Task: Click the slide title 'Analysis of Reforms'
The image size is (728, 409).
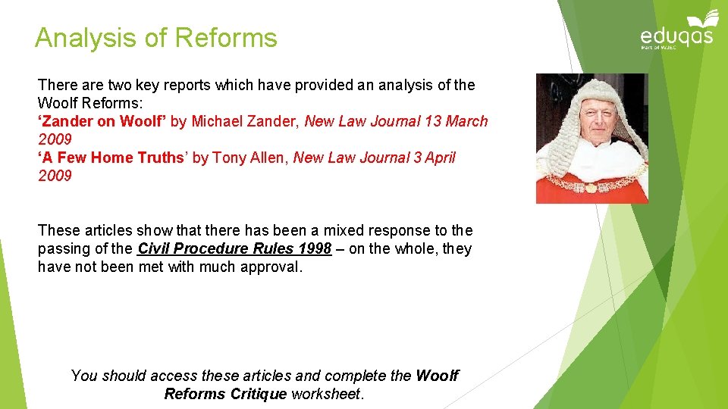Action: click(x=156, y=37)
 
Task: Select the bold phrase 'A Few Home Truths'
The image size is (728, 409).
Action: click(x=111, y=158)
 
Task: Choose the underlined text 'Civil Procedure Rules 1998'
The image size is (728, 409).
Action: click(x=234, y=248)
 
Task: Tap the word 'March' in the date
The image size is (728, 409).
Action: click(x=466, y=121)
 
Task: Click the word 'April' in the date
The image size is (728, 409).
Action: click(x=439, y=158)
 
